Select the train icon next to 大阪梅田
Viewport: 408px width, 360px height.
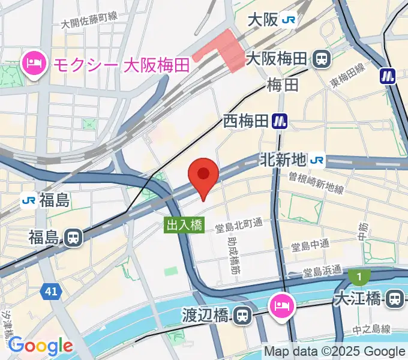(322, 59)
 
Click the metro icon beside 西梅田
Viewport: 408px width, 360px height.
(279, 121)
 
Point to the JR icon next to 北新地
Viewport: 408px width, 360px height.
(317, 160)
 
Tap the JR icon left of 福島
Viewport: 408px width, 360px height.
(28, 200)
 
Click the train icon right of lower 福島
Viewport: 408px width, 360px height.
(73, 238)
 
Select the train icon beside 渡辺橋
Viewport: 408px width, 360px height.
(242, 314)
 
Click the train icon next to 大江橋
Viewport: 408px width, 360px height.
(395, 298)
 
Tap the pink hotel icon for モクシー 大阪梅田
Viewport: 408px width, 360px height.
(34, 64)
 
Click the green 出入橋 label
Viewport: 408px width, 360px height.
(185, 225)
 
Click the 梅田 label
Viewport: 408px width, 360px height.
(283, 85)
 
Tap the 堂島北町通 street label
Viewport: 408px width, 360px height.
(239, 223)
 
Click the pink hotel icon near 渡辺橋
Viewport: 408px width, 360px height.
(283, 304)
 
